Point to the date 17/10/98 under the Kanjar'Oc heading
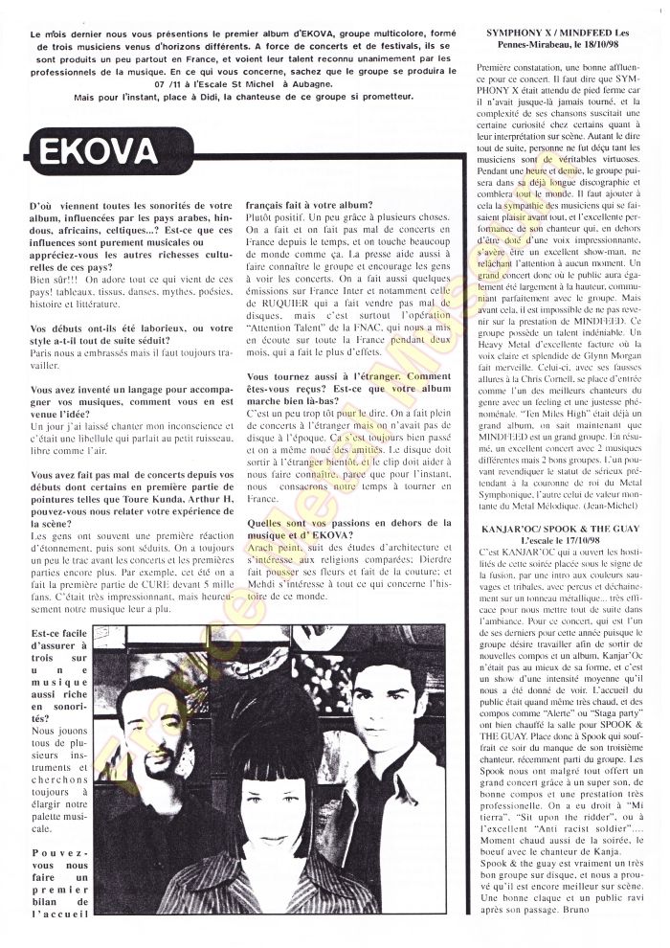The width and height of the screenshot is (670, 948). tap(604, 541)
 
